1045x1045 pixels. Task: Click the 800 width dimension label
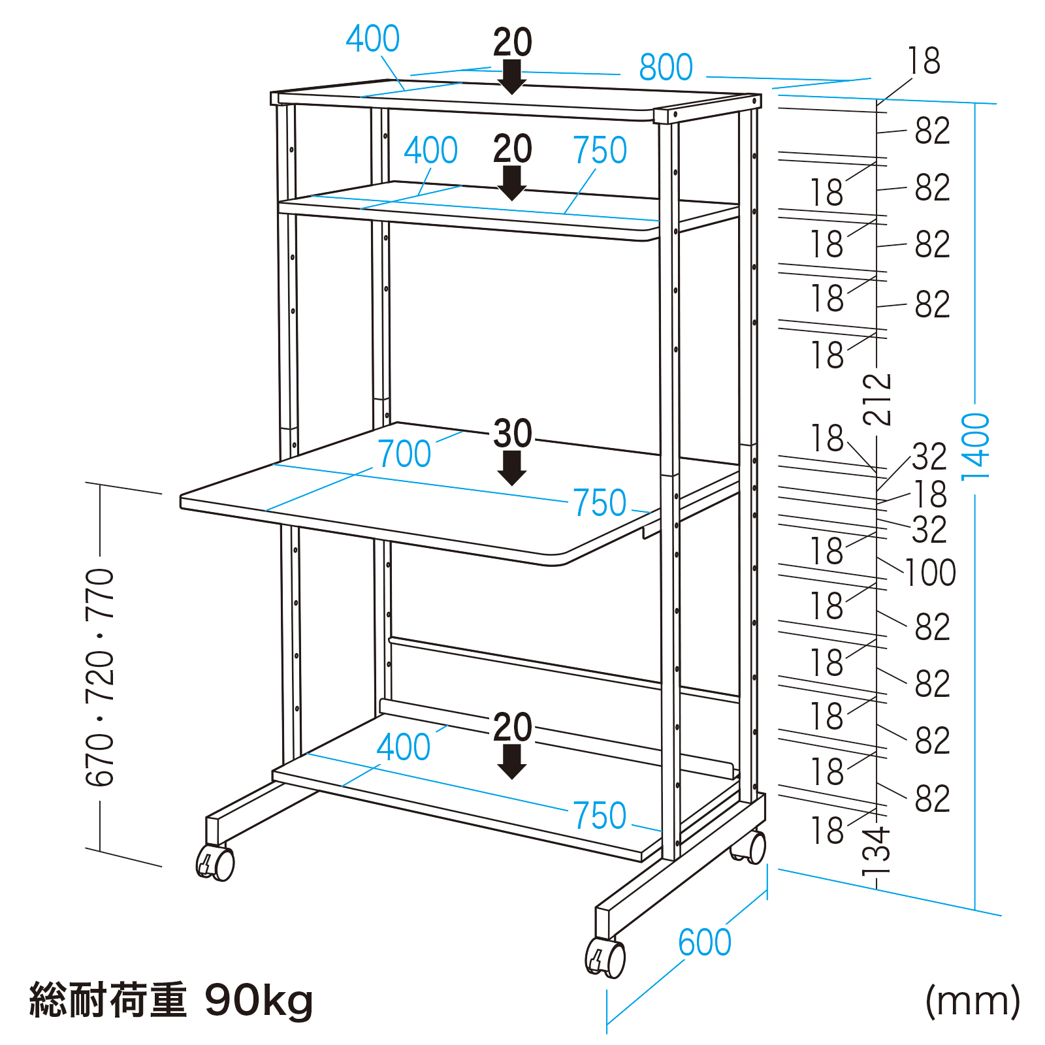pyautogui.click(x=666, y=68)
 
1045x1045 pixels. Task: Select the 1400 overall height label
pyautogui.click(x=976, y=447)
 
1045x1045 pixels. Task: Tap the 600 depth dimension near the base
pyautogui.click(x=705, y=942)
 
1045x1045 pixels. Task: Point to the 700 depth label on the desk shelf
pyautogui.click(x=404, y=454)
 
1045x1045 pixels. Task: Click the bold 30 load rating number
pyautogui.click(x=513, y=433)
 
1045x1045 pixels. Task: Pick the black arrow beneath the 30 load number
pyautogui.click(x=512, y=468)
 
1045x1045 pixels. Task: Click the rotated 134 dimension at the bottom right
pyautogui.click(x=876, y=852)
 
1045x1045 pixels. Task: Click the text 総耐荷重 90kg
pyautogui.click(x=171, y=1000)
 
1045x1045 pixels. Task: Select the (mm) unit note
pyautogui.click(x=973, y=1000)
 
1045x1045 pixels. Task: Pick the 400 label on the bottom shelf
pyautogui.click(x=404, y=747)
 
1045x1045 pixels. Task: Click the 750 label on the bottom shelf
pyautogui.click(x=600, y=816)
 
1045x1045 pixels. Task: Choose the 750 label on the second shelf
pyautogui.click(x=600, y=151)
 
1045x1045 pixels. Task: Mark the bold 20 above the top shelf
pyautogui.click(x=513, y=42)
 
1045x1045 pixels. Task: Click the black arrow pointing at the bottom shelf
pyautogui.click(x=512, y=762)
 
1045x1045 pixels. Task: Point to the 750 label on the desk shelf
pyautogui.click(x=600, y=503)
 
